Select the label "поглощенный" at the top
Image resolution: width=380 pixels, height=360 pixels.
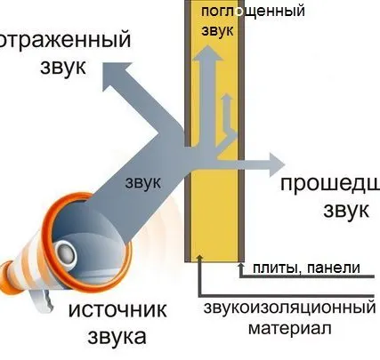253,12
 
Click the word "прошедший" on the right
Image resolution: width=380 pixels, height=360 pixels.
329,184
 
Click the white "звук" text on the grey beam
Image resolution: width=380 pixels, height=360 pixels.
142,182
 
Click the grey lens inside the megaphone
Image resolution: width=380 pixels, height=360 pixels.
65,253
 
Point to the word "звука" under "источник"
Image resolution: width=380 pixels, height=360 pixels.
110,337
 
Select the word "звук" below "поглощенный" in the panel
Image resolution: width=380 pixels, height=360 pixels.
218,30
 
